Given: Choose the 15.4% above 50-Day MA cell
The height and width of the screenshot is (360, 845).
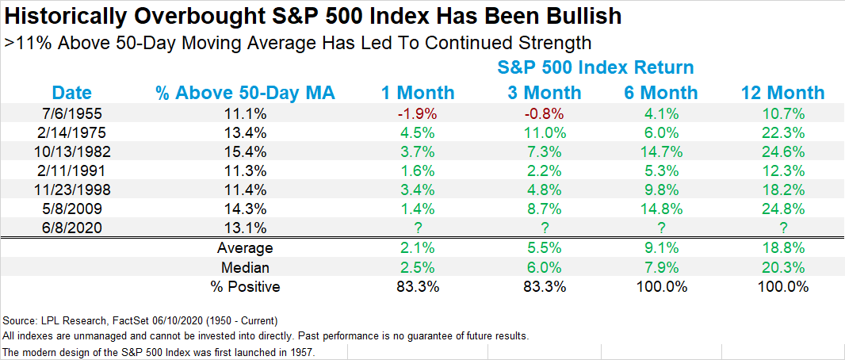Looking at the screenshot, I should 245,150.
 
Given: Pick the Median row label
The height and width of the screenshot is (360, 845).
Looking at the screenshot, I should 245,267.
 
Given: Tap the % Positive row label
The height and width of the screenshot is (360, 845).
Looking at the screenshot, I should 245,286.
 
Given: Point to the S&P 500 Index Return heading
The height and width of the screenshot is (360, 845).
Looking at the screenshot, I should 595,67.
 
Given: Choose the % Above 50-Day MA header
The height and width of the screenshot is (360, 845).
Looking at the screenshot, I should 245,93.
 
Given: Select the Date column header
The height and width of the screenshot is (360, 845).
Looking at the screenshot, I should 72,93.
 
